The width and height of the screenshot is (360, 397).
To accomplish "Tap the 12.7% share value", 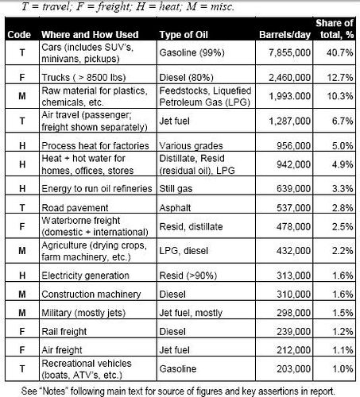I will pyautogui.click(x=339, y=78).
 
